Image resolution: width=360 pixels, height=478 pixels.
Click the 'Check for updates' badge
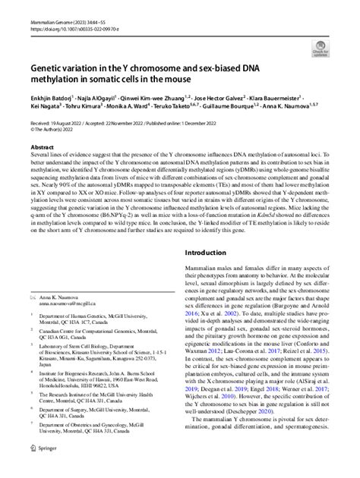318,46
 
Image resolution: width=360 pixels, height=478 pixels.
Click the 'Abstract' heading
42,147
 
